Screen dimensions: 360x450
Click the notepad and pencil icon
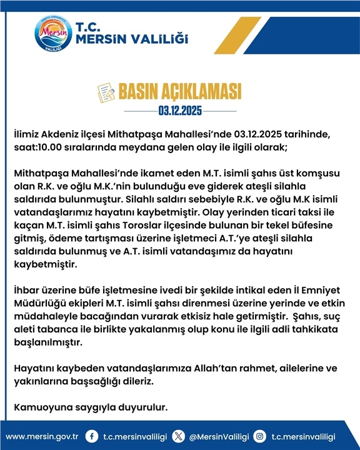[106, 92]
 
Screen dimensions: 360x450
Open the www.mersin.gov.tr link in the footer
[42, 436]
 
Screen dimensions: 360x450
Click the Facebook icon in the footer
[92, 436]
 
